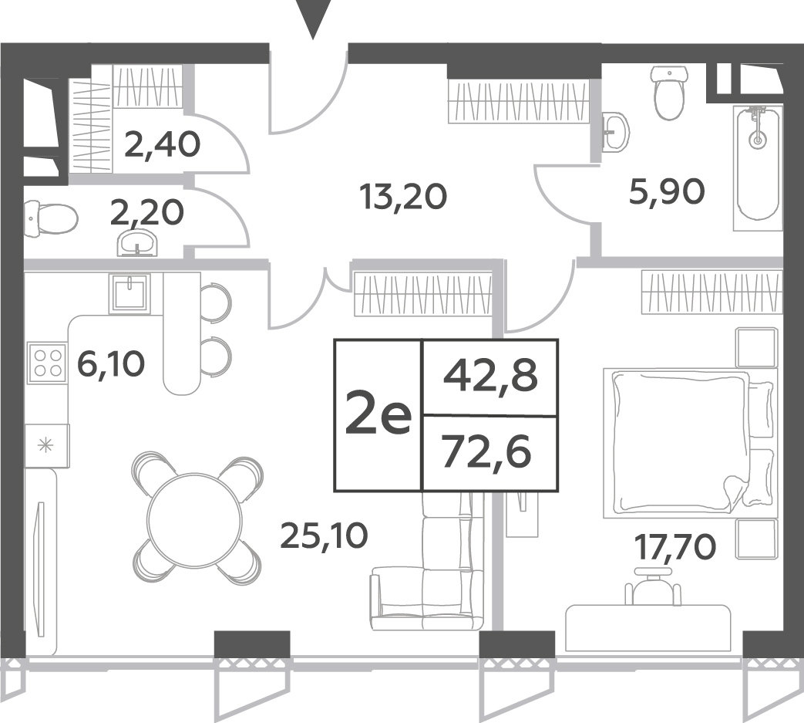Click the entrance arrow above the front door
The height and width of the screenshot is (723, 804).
[x=312, y=18]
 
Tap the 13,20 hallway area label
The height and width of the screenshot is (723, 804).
[x=403, y=197]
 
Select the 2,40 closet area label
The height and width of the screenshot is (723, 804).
[x=162, y=145]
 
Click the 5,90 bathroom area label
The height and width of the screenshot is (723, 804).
[x=667, y=192]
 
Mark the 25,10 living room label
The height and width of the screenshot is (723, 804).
[x=324, y=535]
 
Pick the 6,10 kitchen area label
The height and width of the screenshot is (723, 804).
[x=111, y=363]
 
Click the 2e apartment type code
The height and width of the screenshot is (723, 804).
[x=378, y=416]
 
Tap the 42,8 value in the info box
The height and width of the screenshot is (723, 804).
[x=490, y=376]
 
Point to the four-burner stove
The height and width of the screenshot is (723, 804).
[x=48, y=363]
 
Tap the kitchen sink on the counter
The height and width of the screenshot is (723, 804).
[x=130, y=293]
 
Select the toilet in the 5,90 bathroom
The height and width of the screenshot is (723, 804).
[x=668, y=93]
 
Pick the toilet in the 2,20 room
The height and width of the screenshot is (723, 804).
[x=51, y=220]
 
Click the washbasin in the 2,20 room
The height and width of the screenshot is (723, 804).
[x=137, y=243]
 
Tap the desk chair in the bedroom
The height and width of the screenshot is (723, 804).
[x=654, y=586]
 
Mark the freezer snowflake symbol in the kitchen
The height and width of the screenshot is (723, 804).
[x=47, y=445]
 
